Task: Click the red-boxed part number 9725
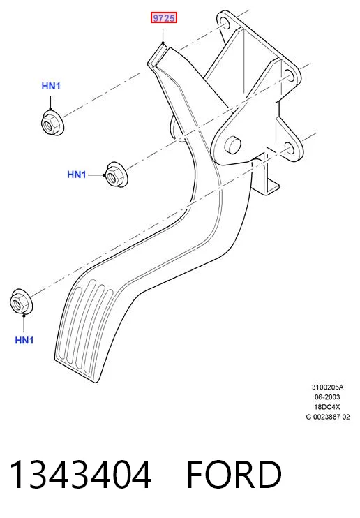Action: click(x=164, y=18)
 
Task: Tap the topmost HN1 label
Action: click(x=51, y=87)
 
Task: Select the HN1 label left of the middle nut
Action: click(x=77, y=175)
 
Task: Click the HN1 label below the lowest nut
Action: click(x=24, y=340)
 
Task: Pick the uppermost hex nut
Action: click(x=52, y=123)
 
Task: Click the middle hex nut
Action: click(x=117, y=175)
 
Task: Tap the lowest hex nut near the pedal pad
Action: click(x=21, y=302)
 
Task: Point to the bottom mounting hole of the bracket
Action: click(x=290, y=149)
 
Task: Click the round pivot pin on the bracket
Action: click(x=232, y=144)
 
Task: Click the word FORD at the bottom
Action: click(x=234, y=475)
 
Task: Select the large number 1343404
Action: click(x=81, y=475)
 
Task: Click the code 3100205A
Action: click(x=327, y=387)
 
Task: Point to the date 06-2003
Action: click(x=327, y=397)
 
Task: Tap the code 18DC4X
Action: click(x=327, y=407)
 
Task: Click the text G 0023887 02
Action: click(x=328, y=417)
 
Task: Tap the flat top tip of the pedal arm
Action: click(x=158, y=55)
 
